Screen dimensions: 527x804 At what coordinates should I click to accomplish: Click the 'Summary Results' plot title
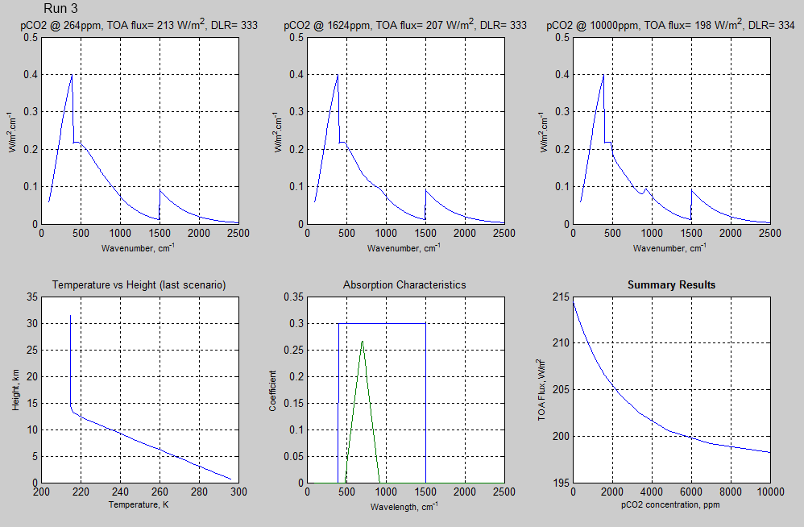(671, 284)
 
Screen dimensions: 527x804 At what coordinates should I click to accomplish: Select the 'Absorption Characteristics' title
(404, 284)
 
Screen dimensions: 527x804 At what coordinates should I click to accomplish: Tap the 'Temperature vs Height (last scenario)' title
(139, 284)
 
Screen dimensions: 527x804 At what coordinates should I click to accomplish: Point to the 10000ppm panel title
(670, 25)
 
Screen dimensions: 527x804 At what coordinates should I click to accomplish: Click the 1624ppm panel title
(404, 25)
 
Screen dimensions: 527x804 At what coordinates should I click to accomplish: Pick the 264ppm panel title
(139, 25)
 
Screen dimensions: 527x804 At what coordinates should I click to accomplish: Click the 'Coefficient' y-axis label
(273, 391)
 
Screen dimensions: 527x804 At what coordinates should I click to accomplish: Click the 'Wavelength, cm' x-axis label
(404, 507)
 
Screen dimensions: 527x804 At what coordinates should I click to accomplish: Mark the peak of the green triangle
(363, 341)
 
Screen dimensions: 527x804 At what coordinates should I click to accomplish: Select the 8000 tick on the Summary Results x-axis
(731, 492)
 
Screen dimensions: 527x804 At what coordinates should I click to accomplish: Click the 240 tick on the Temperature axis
(121, 492)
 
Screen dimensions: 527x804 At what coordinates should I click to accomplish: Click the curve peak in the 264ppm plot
(72, 75)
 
